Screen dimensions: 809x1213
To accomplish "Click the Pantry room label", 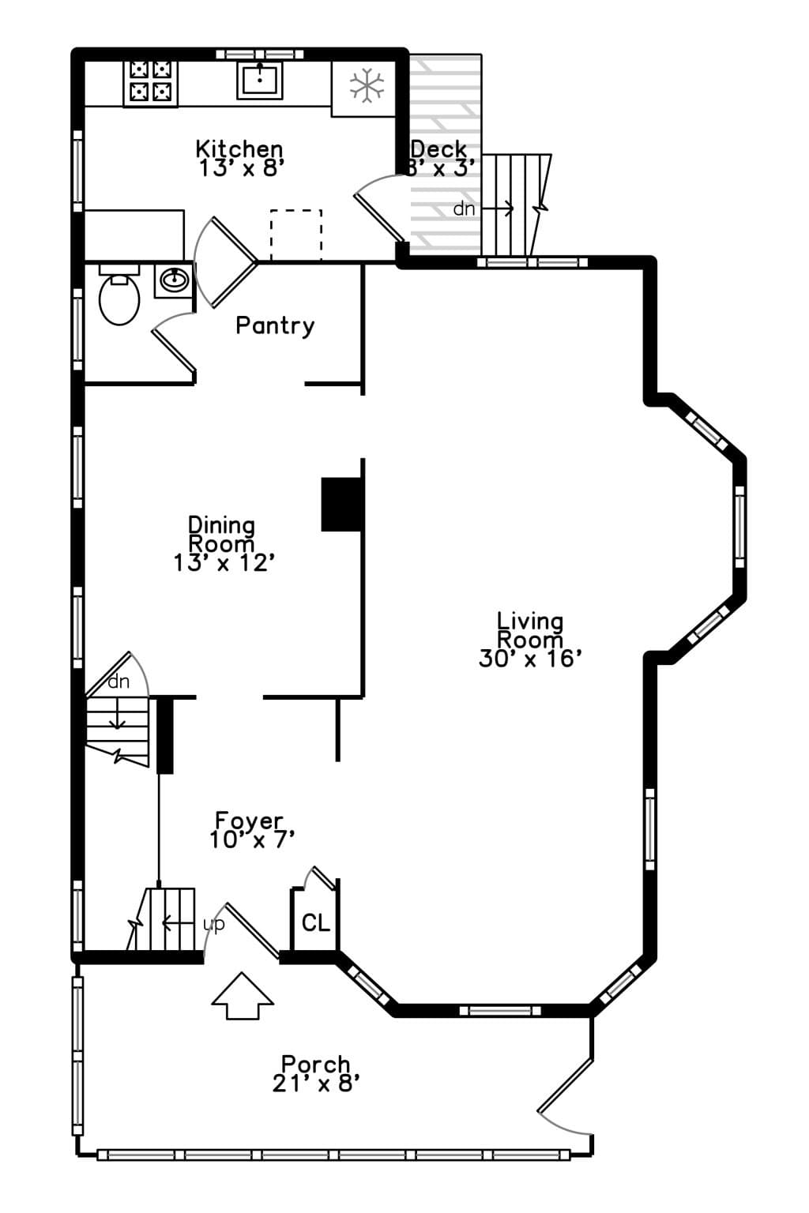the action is pyautogui.click(x=275, y=326).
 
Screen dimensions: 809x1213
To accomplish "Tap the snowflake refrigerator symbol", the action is pyautogui.click(x=367, y=85).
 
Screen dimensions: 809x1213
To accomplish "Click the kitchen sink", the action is pyautogui.click(x=260, y=80).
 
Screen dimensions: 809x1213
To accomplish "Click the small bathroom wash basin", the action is pyautogui.click(x=174, y=280).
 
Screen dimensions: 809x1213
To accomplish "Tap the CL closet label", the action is pyautogui.click(x=316, y=922).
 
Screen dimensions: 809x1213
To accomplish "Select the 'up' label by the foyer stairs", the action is pyautogui.click(x=213, y=925).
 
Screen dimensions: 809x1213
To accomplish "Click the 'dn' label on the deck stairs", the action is pyautogui.click(x=464, y=208).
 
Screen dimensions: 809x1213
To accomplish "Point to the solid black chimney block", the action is pyautogui.click(x=341, y=504).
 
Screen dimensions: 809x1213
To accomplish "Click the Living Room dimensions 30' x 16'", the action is pyautogui.click(x=530, y=659).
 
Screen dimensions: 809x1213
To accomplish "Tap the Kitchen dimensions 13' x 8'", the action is pyautogui.click(x=242, y=168).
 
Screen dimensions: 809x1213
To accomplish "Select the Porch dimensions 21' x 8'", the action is pyautogui.click(x=316, y=1083).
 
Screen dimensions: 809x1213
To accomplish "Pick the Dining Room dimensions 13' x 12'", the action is pyautogui.click(x=224, y=563).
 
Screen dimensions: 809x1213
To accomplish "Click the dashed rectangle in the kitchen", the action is pyautogui.click(x=295, y=235).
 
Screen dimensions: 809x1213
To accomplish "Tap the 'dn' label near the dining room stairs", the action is pyautogui.click(x=119, y=682).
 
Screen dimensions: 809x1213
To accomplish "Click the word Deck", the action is pyautogui.click(x=439, y=149).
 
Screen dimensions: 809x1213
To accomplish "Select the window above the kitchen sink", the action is pyautogui.click(x=260, y=54).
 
